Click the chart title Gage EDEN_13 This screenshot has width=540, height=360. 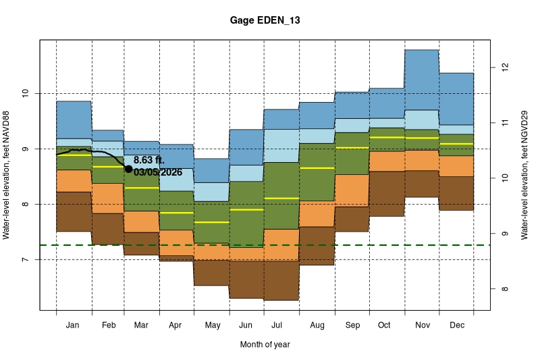click(265, 21)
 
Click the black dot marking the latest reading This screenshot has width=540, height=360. click(128, 169)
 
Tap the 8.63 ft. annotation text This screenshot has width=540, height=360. click(149, 160)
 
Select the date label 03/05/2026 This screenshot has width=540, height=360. click(158, 172)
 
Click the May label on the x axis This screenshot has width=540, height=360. click(212, 325)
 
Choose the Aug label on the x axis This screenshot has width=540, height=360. click(317, 325)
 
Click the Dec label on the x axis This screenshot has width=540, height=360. click(456, 325)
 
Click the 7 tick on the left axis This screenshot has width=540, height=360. click(28, 260)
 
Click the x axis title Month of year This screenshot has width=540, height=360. click(265, 344)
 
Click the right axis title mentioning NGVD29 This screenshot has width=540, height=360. click(525, 176)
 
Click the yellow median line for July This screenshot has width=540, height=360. click(281, 198)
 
